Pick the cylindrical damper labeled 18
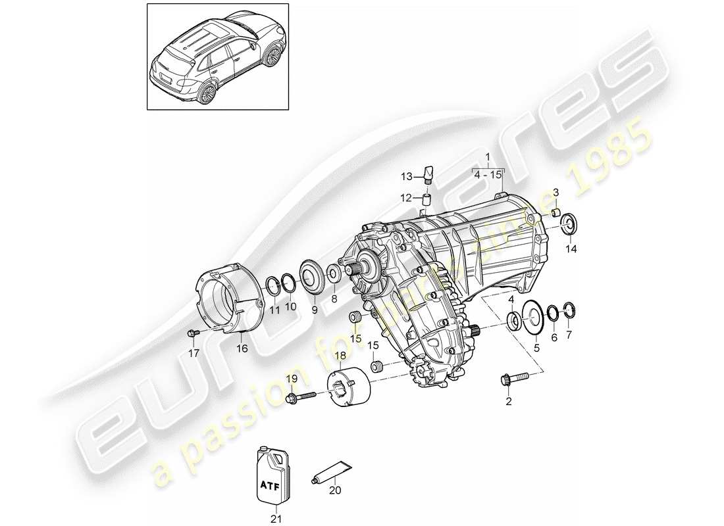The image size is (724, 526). click(349, 388)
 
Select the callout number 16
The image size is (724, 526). click(242, 349)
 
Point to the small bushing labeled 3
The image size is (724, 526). click(556, 212)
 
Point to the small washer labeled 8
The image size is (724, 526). click(334, 273)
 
